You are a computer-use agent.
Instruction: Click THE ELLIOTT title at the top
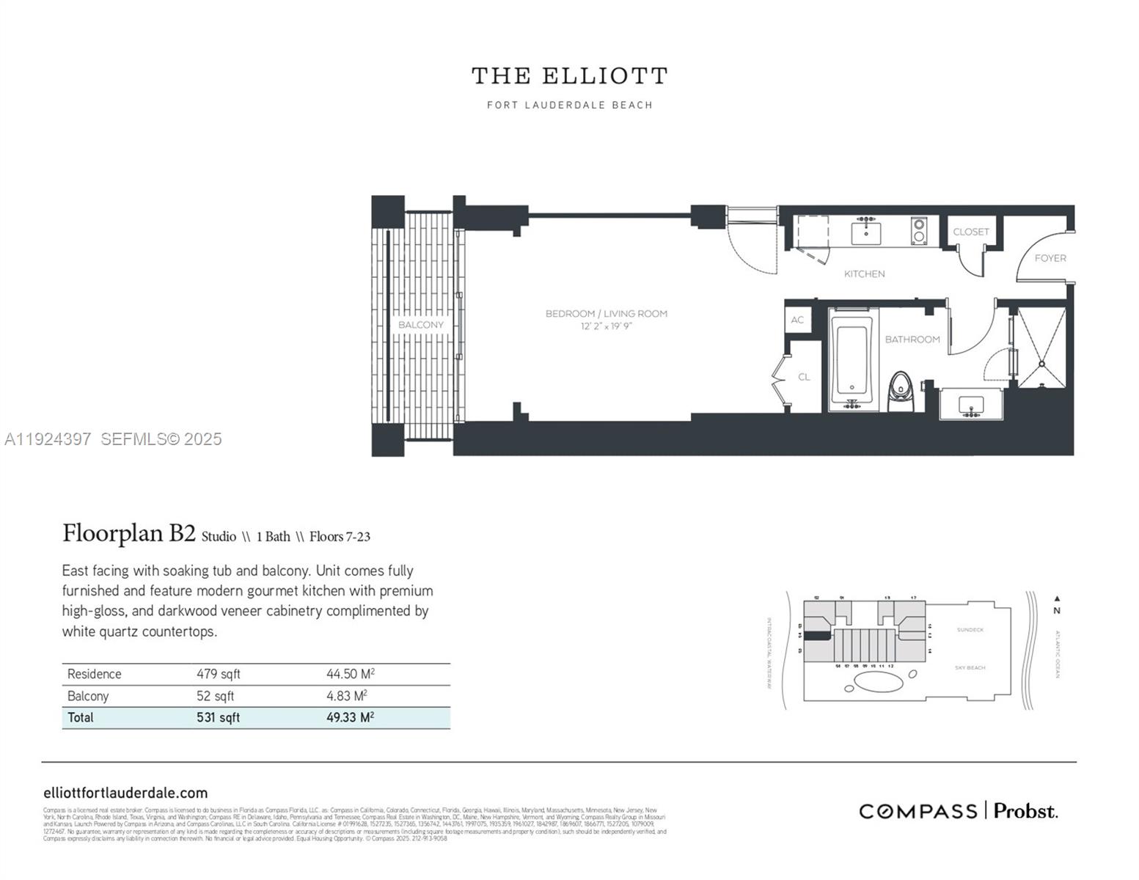[x=569, y=76]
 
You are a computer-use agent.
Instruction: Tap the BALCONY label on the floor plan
[x=421, y=324]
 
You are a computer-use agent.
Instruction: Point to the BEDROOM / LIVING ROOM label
[x=606, y=314]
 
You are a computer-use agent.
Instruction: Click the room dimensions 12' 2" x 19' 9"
[x=606, y=326]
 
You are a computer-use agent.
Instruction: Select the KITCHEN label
[x=864, y=274]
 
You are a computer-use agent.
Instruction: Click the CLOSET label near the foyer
[x=971, y=232]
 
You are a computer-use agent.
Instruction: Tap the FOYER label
[x=1050, y=258]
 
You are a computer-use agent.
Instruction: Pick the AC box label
[x=797, y=320]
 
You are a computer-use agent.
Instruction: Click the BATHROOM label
[x=912, y=340]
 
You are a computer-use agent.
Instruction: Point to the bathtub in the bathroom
[x=851, y=359]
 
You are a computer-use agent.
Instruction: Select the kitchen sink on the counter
[x=866, y=232]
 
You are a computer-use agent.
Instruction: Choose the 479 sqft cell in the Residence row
[x=218, y=674]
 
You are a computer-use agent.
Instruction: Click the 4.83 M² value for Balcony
[x=346, y=696]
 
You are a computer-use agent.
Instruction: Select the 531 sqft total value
[x=218, y=717]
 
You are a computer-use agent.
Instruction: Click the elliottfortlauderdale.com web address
[x=125, y=793]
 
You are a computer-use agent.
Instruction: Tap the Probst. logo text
[x=1025, y=811]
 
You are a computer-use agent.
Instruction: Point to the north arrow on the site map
[x=1056, y=599]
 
